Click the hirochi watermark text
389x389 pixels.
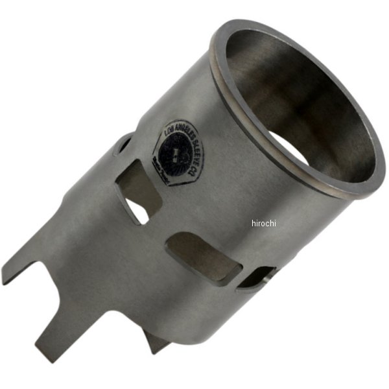264,223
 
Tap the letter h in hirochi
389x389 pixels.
253,223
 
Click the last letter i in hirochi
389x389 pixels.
275,223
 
